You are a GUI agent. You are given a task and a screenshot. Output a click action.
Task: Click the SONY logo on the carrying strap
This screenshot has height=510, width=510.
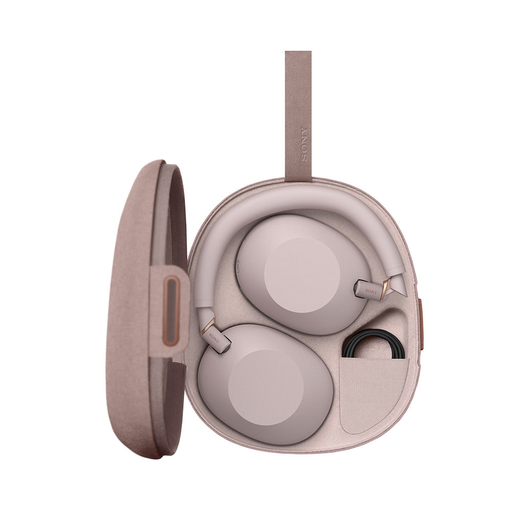pyautogui.click(x=304, y=143)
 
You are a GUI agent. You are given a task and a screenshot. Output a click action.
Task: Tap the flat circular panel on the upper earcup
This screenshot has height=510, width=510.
pyautogui.click(x=302, y=275)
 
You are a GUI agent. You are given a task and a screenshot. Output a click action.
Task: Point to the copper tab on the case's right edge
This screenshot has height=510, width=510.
pyautogui.click(x=421, y=323)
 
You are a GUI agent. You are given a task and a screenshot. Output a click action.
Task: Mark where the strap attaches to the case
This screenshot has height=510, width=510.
pyautogui.click(x=298, y=176)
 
